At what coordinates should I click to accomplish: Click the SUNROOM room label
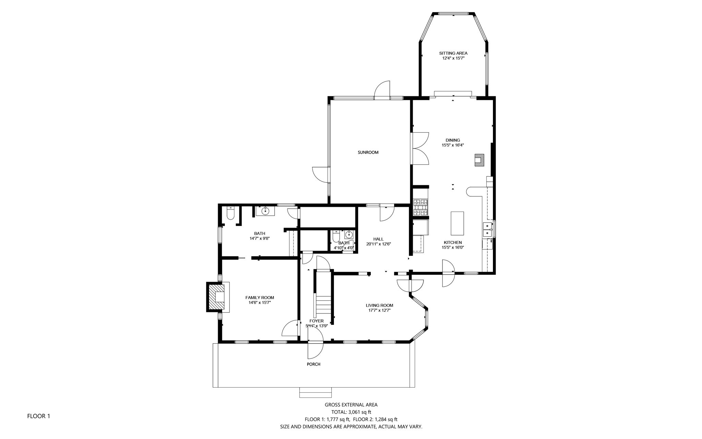tap(368, 152)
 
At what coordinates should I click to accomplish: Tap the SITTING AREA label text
tap(453, 53)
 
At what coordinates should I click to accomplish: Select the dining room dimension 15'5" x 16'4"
tap(452, 145)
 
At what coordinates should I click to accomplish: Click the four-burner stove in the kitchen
tap(421, 207)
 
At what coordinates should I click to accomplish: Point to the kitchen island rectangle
tap(457, 223)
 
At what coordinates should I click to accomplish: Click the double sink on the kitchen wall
tap(487, 229)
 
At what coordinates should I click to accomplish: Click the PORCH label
tap(313, 364)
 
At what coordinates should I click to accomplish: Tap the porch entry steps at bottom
tap(315, 392)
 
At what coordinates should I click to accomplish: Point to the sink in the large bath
tap(265, 211)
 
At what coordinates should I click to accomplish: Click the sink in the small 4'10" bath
tap(349, 235)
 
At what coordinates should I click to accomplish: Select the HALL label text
tap(378, 239)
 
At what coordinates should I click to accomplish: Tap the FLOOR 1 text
tap(38, 416)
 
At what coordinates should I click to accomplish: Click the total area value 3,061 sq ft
tap(359, 412)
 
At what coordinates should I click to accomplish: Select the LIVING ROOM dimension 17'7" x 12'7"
tap(379, 310)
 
